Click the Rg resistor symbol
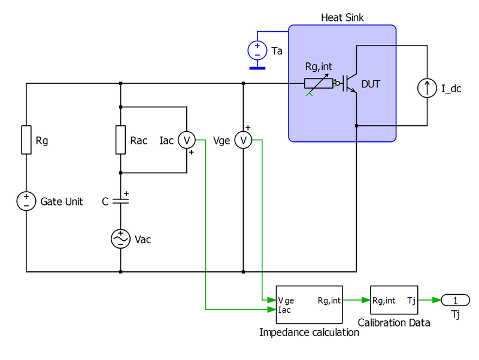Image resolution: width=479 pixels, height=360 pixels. coord(26,140)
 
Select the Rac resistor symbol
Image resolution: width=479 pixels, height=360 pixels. coord(121,140)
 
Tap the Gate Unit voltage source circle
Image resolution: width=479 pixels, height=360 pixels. coord(26,201)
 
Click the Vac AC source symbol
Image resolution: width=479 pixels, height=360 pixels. coord(121,239)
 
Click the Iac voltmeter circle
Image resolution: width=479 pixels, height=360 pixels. coord(187,140)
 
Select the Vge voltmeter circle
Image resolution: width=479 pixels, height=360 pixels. coord(243,140)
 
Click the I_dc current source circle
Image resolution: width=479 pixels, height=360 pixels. coord(428,89)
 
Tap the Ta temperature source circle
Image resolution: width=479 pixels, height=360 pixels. coord(257,50)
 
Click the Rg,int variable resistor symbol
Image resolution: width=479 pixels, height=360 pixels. coord(319,84)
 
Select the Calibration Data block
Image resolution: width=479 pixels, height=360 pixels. coord(393,301)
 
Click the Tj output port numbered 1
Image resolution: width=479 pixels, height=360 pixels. coord(455,300)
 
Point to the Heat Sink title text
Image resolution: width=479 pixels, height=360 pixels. coord(341,18)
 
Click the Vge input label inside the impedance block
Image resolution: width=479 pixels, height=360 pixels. coord(286,301)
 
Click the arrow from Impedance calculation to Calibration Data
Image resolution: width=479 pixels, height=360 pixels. coord(356,301)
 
